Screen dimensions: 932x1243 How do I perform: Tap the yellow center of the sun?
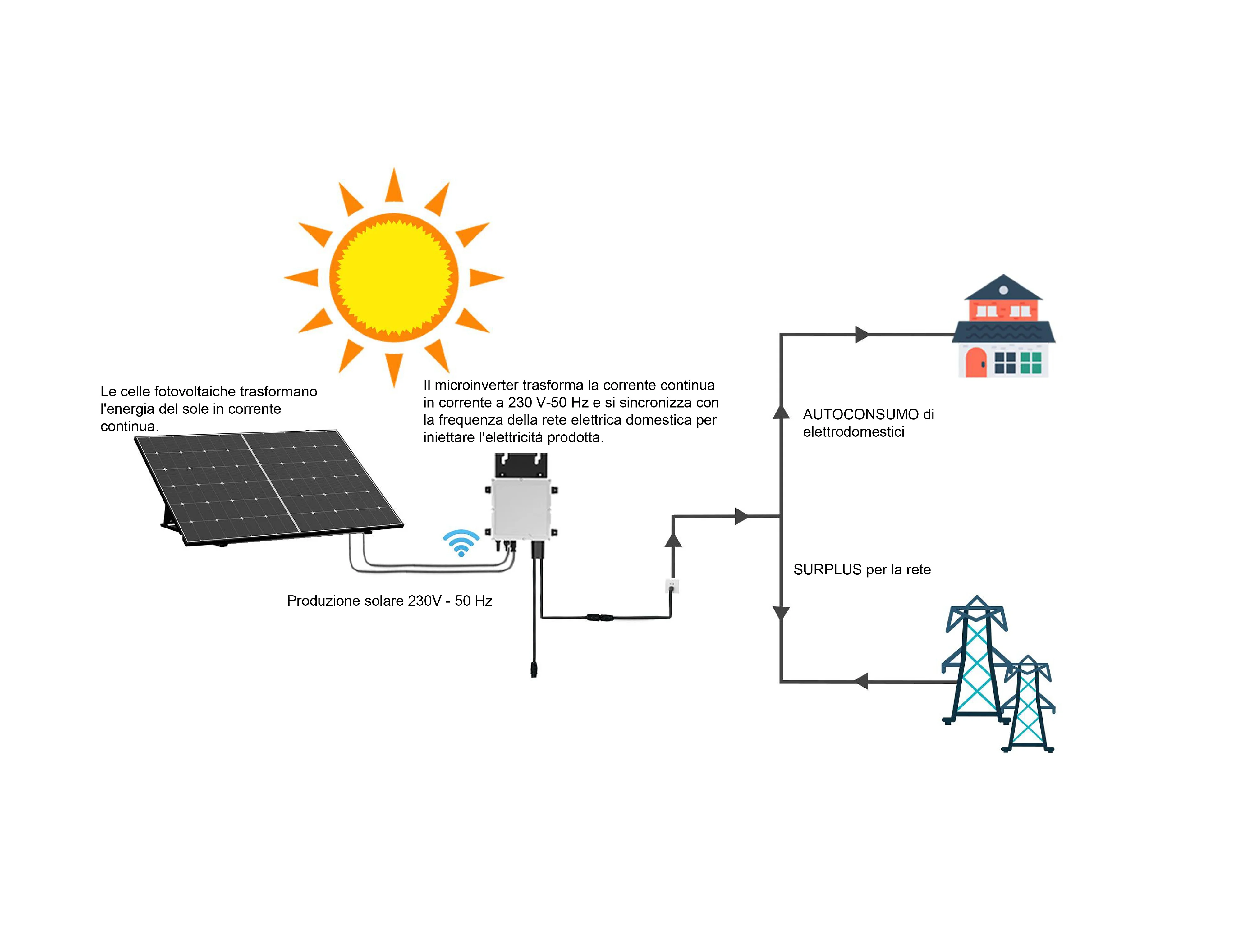[x=394, y=277]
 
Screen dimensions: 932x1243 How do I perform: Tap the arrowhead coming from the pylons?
[x=861, y=681]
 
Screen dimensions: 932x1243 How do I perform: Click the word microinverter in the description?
[x=476, y=386]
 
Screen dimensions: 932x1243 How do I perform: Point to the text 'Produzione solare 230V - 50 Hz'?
[x=389, y=601]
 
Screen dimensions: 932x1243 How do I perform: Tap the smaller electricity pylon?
[x=1028, y=705]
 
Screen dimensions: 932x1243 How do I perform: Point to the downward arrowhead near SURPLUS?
[x=781, y=612]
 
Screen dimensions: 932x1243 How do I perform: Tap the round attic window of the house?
[x=1004, y=290]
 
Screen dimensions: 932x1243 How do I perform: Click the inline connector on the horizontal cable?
[x=600, y=617]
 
